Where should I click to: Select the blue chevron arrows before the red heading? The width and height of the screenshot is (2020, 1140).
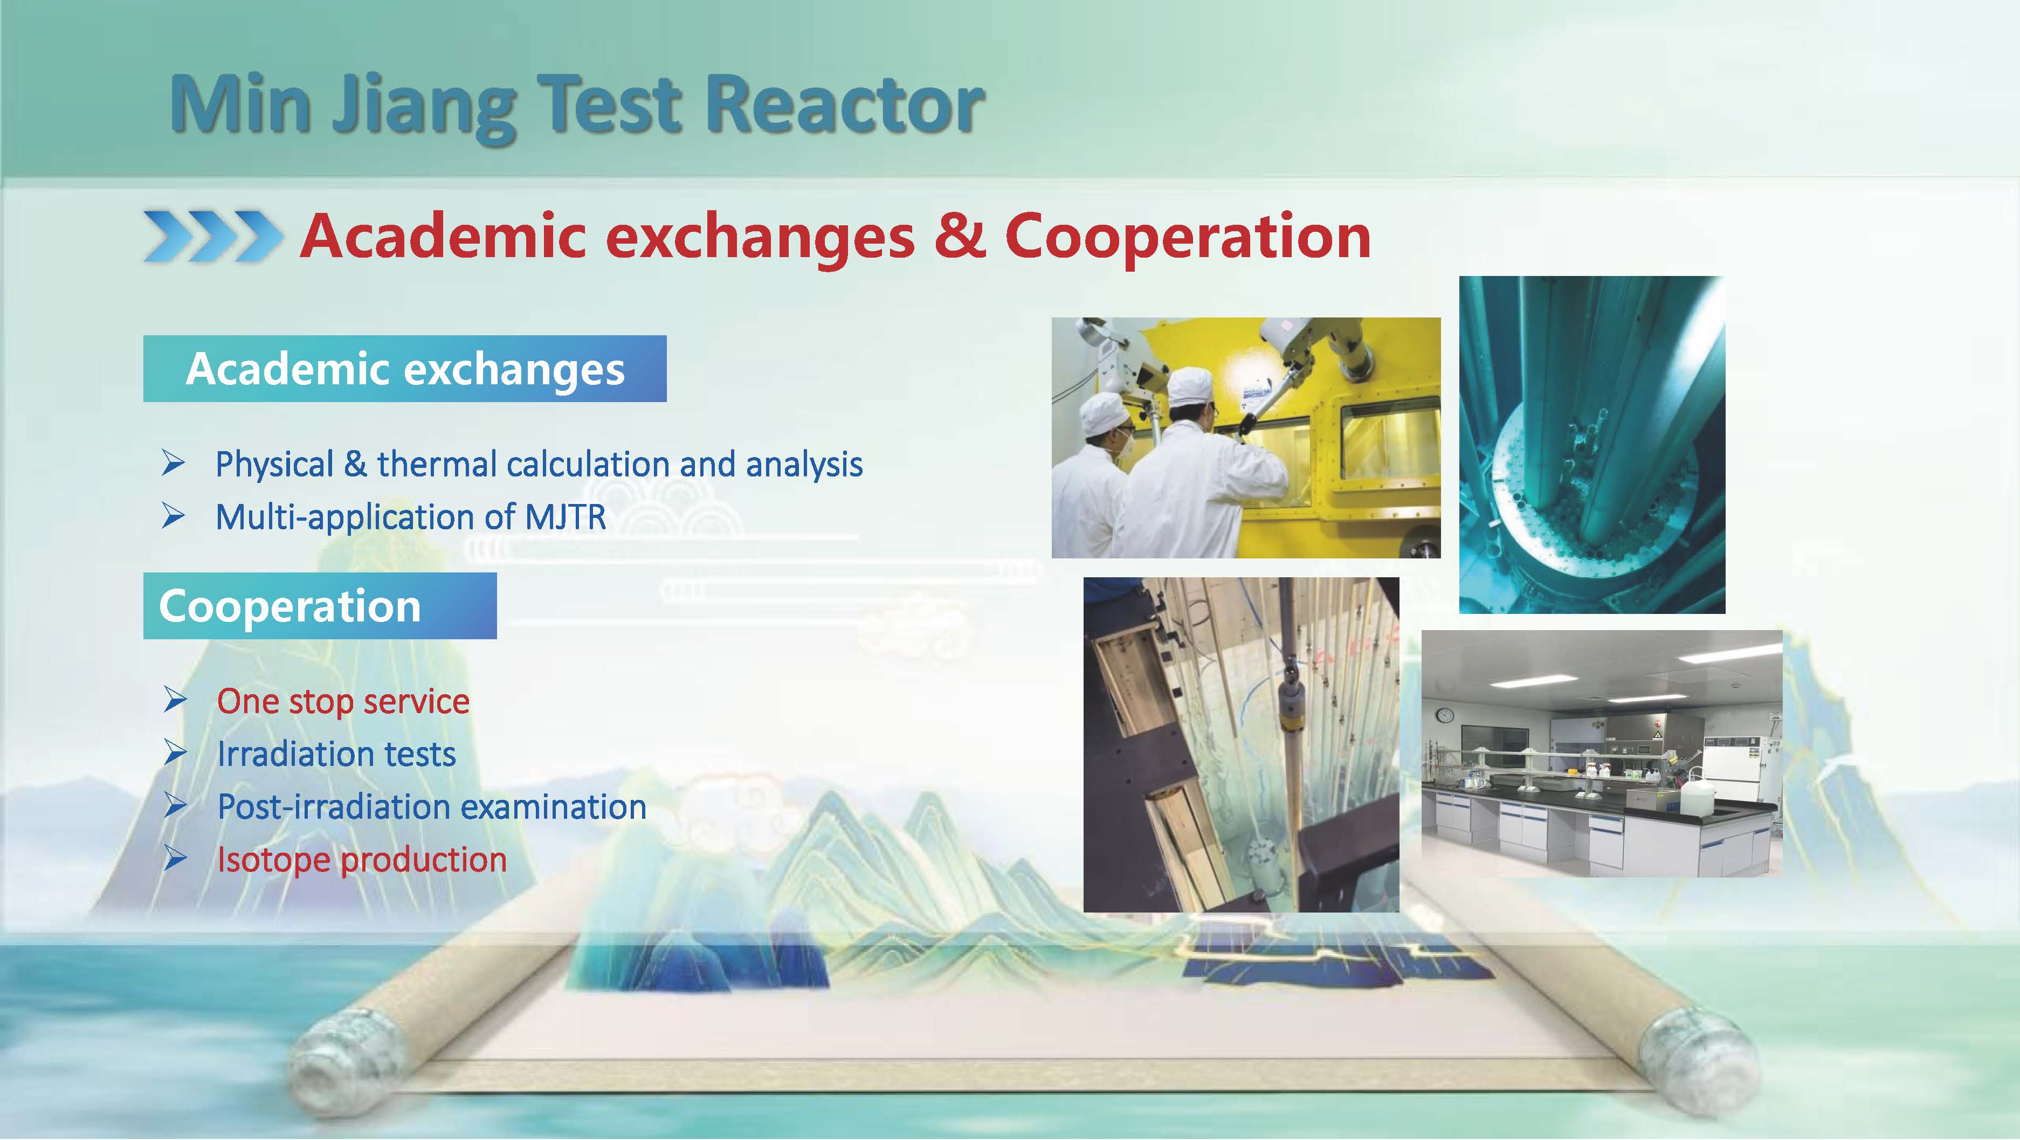(211, 234)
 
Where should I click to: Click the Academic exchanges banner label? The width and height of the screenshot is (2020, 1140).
(405, 369)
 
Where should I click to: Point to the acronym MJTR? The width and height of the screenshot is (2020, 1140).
(564, 517)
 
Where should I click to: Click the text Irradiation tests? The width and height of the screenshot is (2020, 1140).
(336, 754)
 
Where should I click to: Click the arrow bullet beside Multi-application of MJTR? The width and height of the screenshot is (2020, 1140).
(173, 517)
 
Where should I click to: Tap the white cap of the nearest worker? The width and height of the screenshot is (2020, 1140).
(1191, 386)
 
